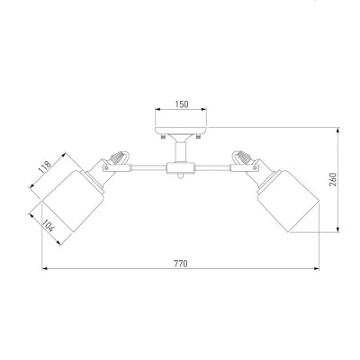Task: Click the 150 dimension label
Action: pyautogui.click(x=182, y=104)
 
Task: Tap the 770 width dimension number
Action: pyautogui.click(x=181, y=264)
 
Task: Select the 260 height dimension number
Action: pyautogui.click(x=333, y=179)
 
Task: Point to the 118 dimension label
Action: pyautogui.click(x=44, y=167)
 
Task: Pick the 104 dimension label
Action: pyautogui.click(x=48, y=226)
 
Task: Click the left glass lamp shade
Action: pyautogui.click(x=73, y=201)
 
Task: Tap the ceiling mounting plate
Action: pyautogui.click(x=181, y=130)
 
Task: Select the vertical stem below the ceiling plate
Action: pyautogui.click(x=181, y=152)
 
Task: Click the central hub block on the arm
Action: pyautogui.click(x=181, y=168)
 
